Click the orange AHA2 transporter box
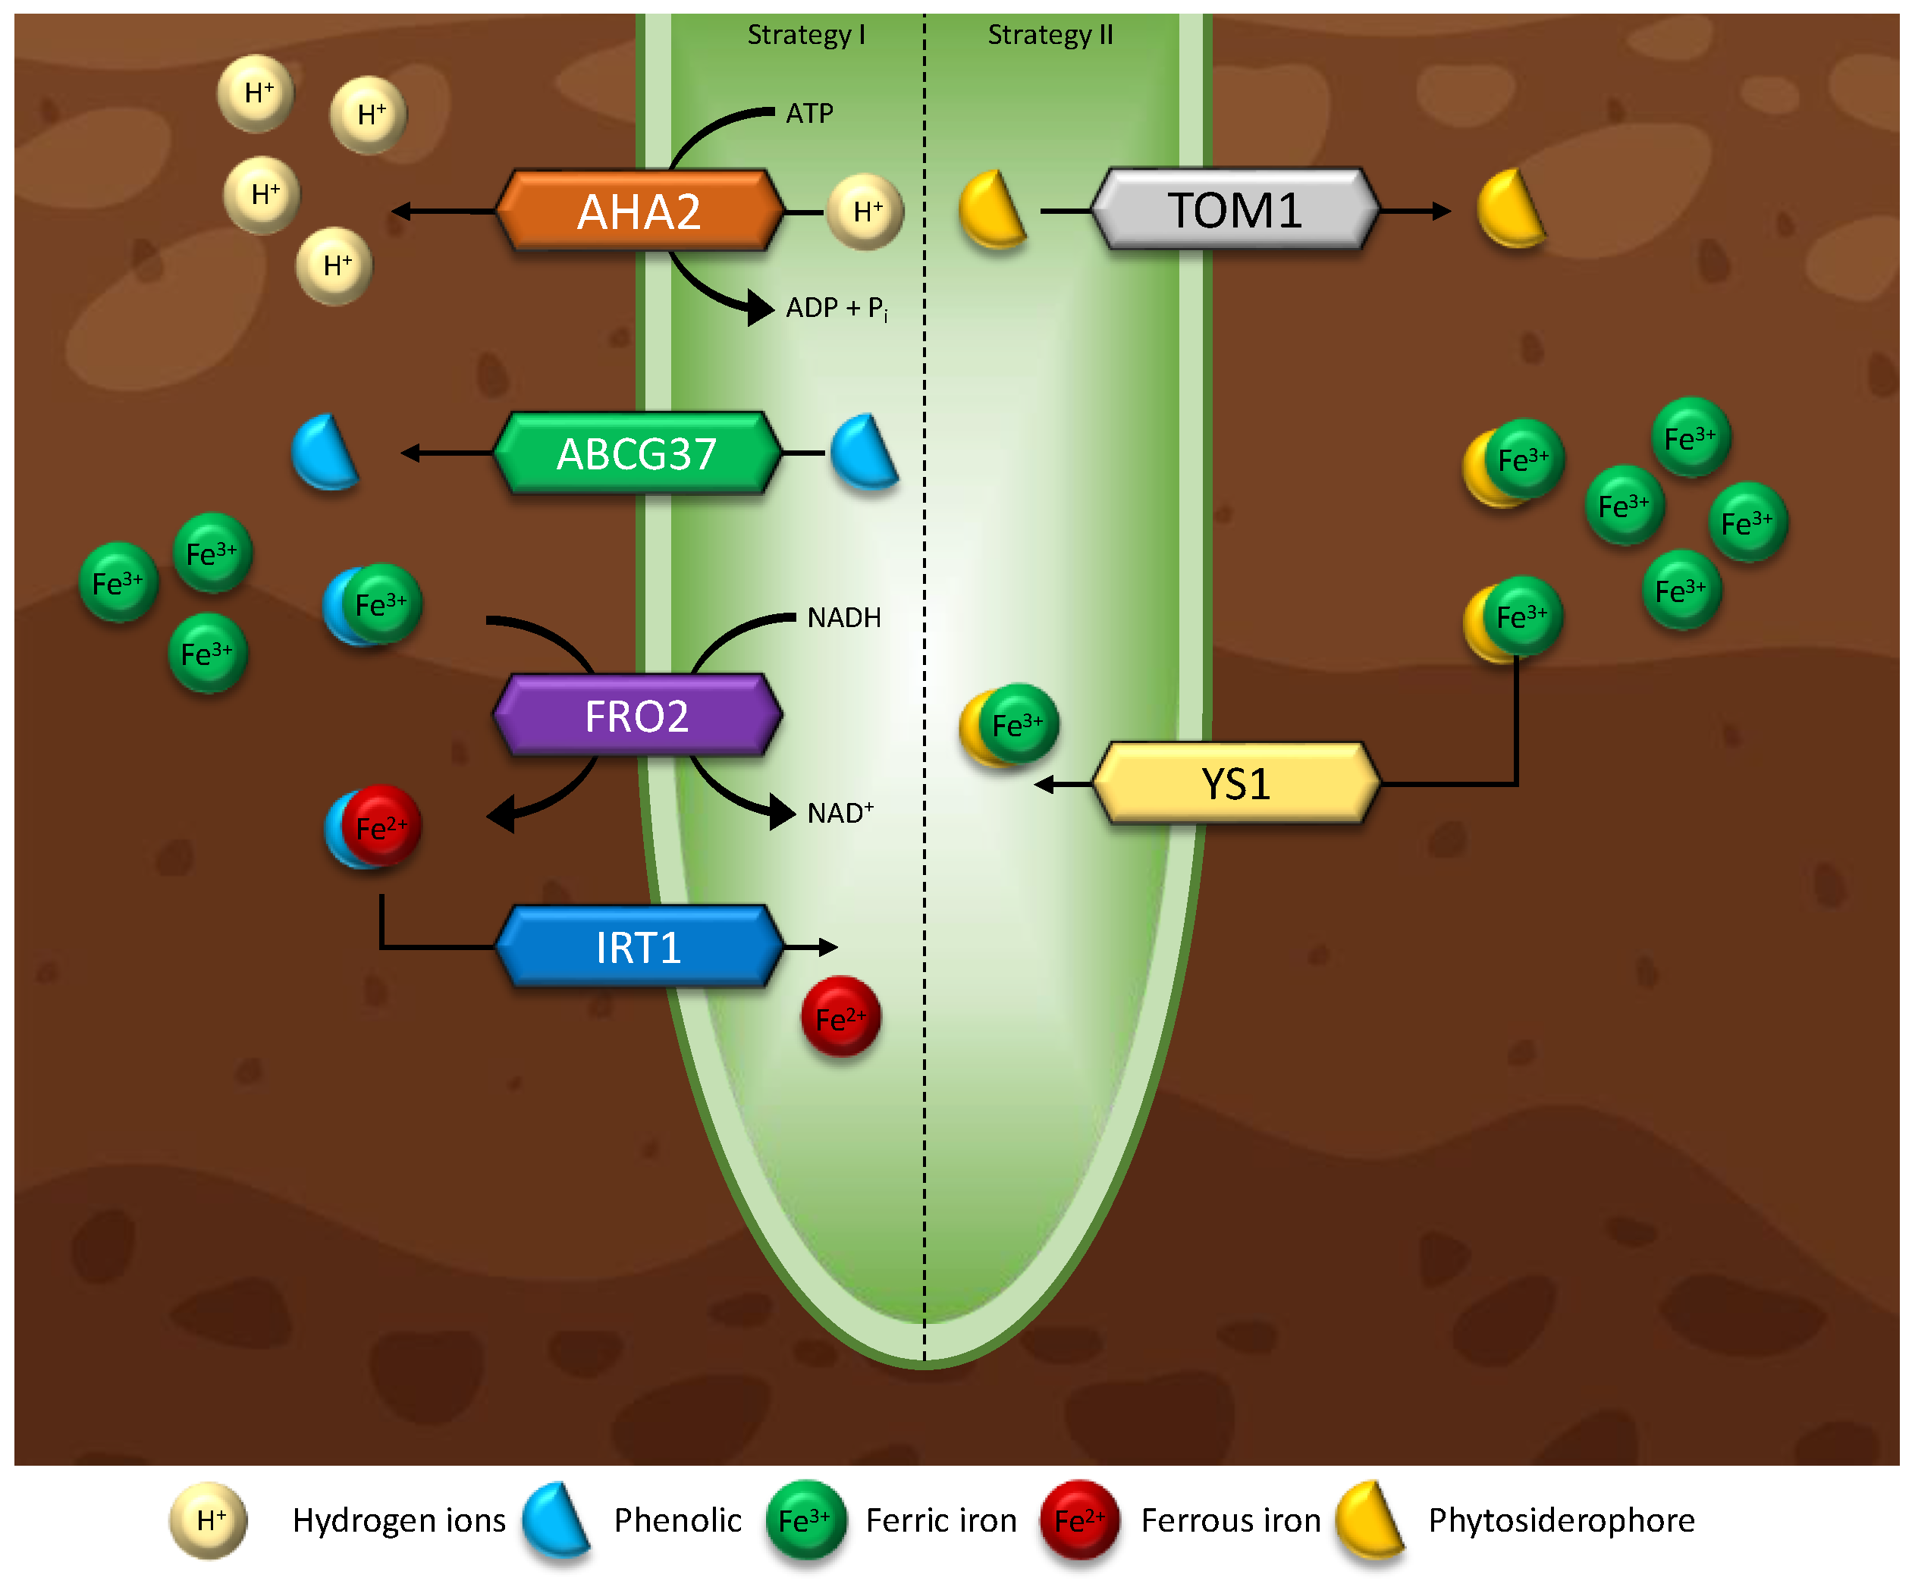(639, 211)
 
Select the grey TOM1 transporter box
(1235, 210)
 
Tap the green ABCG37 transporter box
(636, 453)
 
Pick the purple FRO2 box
(636, 716)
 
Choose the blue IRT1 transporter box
(639, 948)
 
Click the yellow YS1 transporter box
(1235, 783)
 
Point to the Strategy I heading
(806, 35)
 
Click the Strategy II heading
(1050, 35)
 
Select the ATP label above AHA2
(810, 113)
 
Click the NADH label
(844, 618)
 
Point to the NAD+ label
(840, 813)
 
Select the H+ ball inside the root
(865, 212)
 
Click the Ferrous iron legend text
(1230, 1520)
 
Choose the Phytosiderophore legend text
(1561, 1520)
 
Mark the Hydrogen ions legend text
(398, 1520)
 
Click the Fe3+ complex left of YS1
(1009, 726)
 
